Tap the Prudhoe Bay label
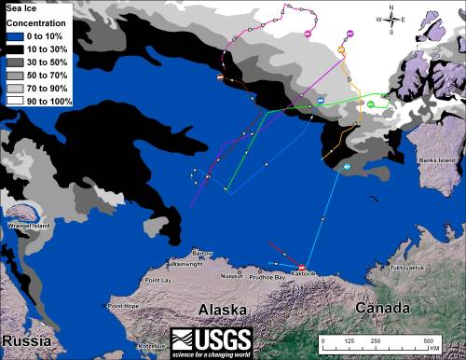click(x=268, y=277)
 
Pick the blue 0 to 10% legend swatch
click(x=14, y=35)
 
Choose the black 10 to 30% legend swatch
click(x=14, y=48)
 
